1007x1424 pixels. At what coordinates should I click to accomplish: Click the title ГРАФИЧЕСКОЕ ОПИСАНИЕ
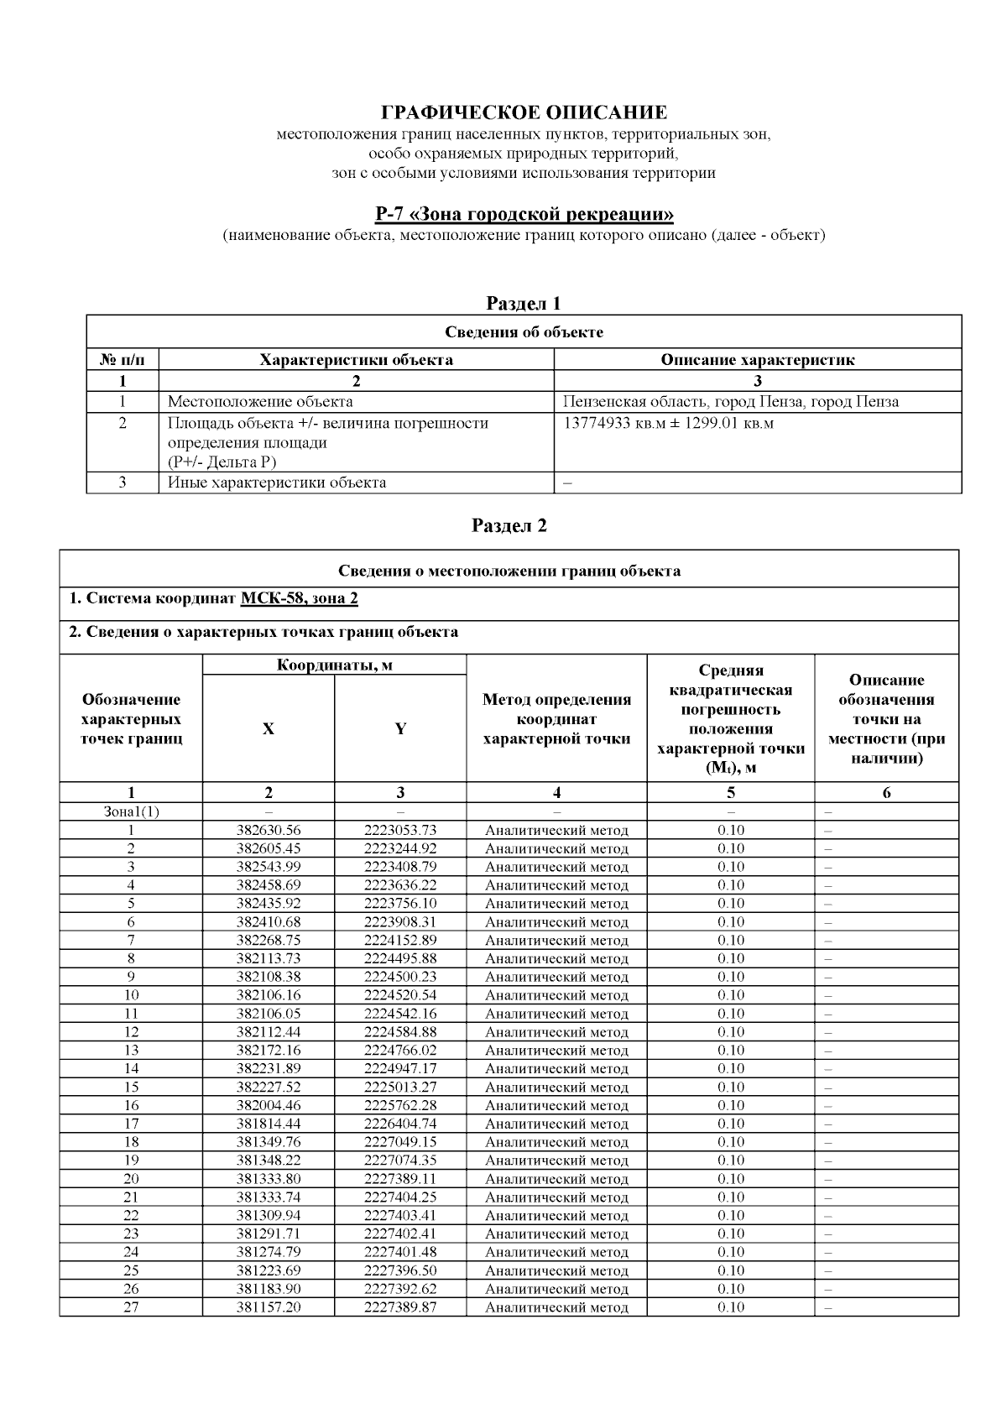pos(524,112)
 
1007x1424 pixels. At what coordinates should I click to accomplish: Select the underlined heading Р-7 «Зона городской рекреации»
pos(524,214)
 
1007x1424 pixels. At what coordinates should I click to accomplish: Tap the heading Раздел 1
pos(524,303)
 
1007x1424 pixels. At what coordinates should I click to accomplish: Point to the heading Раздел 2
pos(509,525)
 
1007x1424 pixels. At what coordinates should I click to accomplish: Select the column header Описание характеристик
pos(757,360)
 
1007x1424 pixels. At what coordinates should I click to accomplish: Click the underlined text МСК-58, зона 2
pos(300,598)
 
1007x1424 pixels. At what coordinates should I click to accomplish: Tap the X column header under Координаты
pos(269,729)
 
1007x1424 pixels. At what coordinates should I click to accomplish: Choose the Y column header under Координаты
pos(400,729)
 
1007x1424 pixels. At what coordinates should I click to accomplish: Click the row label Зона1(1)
pos(131,811)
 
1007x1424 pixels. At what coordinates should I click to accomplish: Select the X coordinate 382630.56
pos(269,830)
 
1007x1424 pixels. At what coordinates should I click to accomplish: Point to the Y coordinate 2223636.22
pos(400,885)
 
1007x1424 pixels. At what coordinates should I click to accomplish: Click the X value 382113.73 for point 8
pos(269,958)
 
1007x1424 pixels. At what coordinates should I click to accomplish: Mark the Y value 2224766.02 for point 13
pos(400,1051)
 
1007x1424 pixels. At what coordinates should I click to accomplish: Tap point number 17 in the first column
pos(131,1124)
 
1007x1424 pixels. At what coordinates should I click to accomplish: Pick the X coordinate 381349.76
pos(269,1142)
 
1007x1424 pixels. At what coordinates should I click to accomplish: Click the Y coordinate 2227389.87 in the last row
pos(400,1307)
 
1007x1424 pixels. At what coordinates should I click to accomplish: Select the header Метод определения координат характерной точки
pos(556,719)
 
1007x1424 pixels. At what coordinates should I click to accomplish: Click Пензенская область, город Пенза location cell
pos(731,402)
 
